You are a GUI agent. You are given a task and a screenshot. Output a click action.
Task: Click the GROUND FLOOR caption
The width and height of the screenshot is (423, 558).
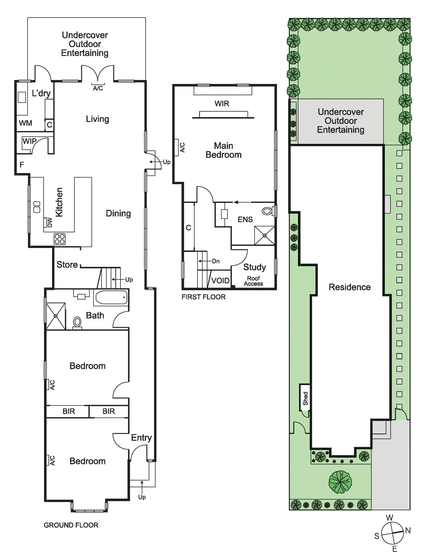coord(71,525)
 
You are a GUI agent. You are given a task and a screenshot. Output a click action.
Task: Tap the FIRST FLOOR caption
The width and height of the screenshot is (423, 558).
coord(203,297)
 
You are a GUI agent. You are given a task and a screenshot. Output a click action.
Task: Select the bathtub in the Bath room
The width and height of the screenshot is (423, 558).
coord(111,297)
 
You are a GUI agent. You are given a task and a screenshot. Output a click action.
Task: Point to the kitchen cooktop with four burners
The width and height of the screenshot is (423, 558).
coord(60,239)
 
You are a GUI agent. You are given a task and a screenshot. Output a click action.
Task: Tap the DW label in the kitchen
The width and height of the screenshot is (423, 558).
coord(49,222)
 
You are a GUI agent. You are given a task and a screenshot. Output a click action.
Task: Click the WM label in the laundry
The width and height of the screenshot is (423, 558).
coord(26,123)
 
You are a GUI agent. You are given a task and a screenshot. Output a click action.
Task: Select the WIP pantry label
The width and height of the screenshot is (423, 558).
coord(29,141)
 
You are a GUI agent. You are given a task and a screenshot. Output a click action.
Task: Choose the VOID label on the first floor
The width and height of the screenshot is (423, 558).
coord(220,280)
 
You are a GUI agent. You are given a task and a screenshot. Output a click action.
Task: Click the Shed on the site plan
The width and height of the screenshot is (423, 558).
coord(305,399)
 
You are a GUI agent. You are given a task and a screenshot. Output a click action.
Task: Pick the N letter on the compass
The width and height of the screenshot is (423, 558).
coord(408,530)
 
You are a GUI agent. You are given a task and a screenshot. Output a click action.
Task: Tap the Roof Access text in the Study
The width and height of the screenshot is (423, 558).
coord(253,281)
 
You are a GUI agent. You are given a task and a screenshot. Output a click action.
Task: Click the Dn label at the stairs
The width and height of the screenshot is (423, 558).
coord(216,261)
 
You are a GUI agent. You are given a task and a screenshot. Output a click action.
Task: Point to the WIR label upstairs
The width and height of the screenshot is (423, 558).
coord(222,104)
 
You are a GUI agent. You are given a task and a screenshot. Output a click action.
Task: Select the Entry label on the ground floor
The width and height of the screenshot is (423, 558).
coord(141,438)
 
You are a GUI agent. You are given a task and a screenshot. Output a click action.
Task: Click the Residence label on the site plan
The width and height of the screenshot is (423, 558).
coord(349,287)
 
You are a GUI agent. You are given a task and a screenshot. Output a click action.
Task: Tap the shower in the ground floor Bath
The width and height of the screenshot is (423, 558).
coord(56,316)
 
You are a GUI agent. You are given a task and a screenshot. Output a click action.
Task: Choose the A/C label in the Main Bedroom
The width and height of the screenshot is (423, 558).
coord(182,147)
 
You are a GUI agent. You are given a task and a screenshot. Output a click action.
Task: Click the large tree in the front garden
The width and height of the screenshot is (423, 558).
coord(340,481)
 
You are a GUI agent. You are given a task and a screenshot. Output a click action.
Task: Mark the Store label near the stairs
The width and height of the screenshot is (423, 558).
coord(67,265)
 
